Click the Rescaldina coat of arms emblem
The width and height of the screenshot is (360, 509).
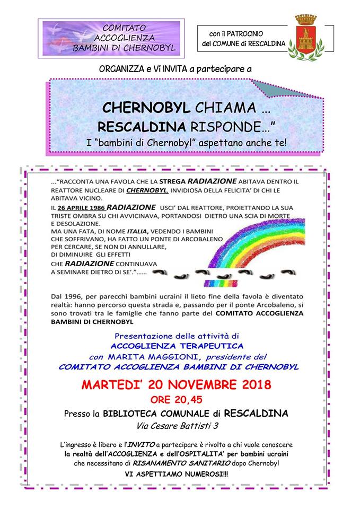pyautogui.click(x=304, y=36)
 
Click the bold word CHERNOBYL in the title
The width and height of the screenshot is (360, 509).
pyautogui.click(x=146, y=108)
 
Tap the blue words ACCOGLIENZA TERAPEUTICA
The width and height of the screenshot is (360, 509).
pyautogui.click(x=179, y=346)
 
